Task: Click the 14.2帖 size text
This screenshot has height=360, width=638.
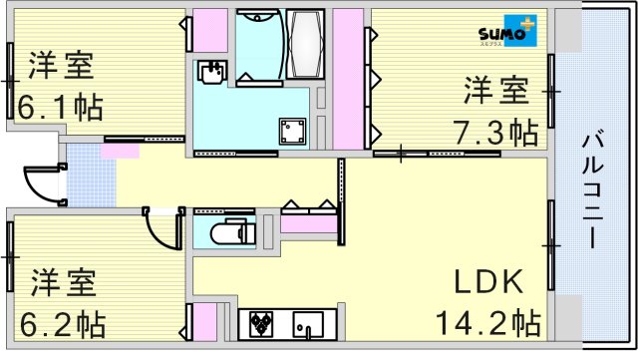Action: pyautogui.click(x=486, y=323)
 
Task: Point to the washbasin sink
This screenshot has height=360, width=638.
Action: pyautogui.click(x=212, y=71)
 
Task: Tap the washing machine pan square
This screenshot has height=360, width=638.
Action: pyautogui.click(x=292, y=129)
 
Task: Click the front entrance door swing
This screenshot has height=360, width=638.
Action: pyautogui.click(x=42, y=182)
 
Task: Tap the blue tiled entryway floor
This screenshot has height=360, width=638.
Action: pyautogui.click(x=81, y=180)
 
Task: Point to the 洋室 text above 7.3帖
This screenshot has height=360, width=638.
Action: pyautogui.click(x=494, y=91)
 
